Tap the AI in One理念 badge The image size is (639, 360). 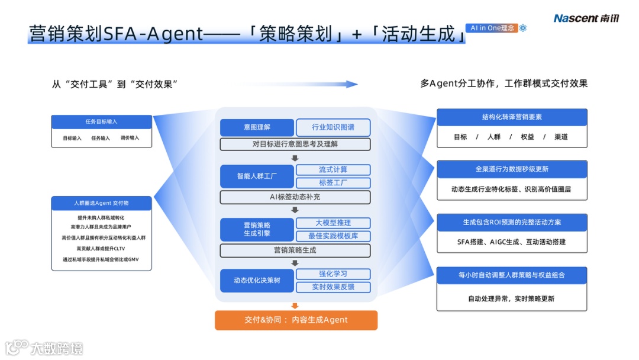pos(492,28)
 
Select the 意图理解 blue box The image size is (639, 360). pos(257,127)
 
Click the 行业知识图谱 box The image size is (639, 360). pos(333,127)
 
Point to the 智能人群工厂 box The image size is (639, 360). pos(257,176)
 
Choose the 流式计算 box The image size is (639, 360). pos(333,170)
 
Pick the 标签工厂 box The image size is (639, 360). pos(333,183)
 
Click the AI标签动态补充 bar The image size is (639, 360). pos(295,197)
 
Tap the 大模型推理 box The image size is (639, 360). pos(333,223)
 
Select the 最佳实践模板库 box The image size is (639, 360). pos(333,236)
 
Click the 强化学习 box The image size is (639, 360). pos(333,274)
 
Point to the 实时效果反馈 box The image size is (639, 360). pos(333,287)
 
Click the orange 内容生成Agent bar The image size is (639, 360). pos(296,320)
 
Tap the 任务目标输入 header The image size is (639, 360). pos(101,121)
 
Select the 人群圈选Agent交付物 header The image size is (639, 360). pos(101,203)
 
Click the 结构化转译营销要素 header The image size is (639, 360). pos(512,117)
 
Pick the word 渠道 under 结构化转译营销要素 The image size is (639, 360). pos(561,137)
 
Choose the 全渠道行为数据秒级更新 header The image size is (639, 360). pos(512,169)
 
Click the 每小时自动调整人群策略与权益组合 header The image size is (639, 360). pos(512,275)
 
